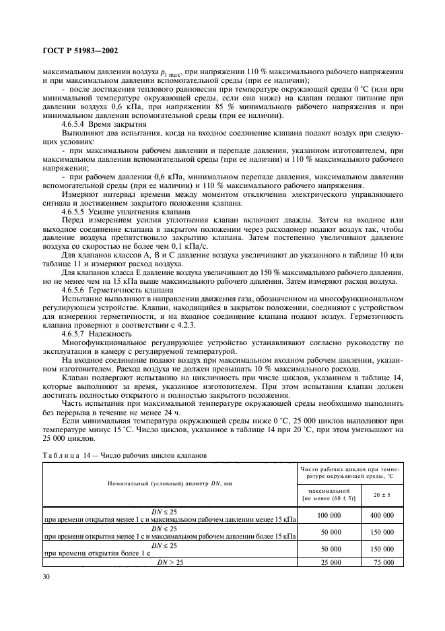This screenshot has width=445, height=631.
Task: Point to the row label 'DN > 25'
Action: pos(170,562)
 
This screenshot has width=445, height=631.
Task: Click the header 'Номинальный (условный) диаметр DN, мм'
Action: pos(170,485)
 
